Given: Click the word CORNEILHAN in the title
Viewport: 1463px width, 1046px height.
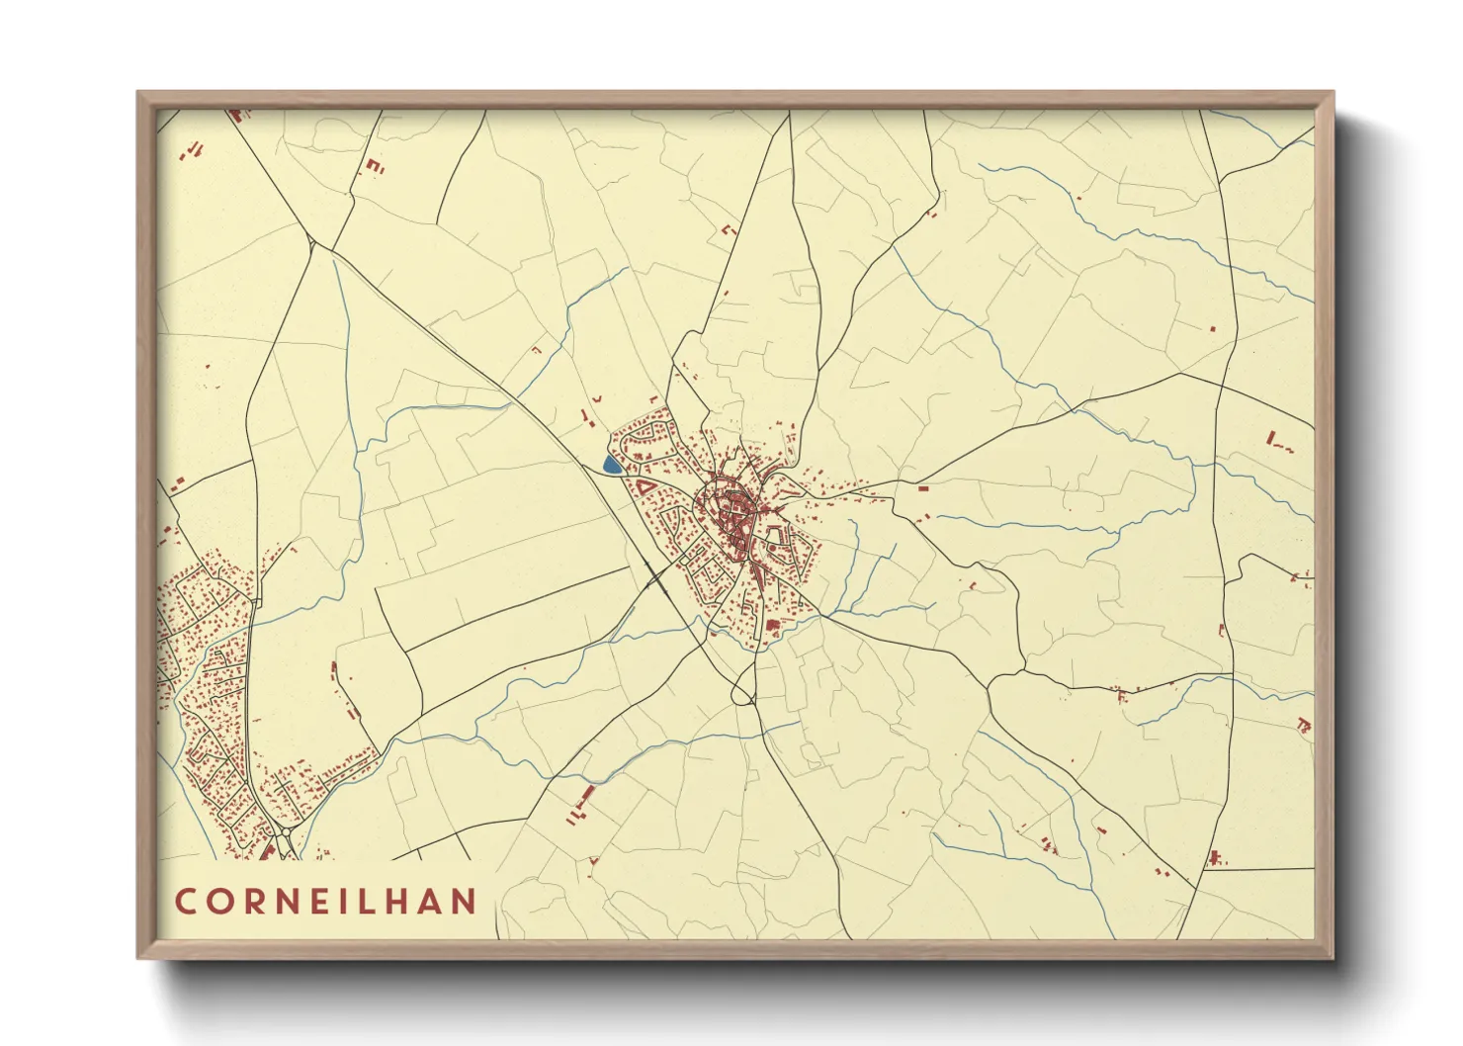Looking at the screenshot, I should pos(326,902).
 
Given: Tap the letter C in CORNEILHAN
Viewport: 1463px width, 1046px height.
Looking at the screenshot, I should pos(185,902).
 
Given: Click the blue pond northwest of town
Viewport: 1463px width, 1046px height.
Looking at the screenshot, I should pos(612,464).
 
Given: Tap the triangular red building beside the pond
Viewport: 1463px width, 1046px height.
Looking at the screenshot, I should pos(644,486).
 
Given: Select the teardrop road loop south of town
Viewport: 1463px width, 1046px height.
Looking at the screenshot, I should pos(742,692).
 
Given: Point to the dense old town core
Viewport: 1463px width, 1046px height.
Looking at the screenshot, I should pos(731,509).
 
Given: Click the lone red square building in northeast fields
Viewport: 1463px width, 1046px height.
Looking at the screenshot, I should pos(1212,328).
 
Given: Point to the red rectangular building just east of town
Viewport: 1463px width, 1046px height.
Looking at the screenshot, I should pos(923,488).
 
